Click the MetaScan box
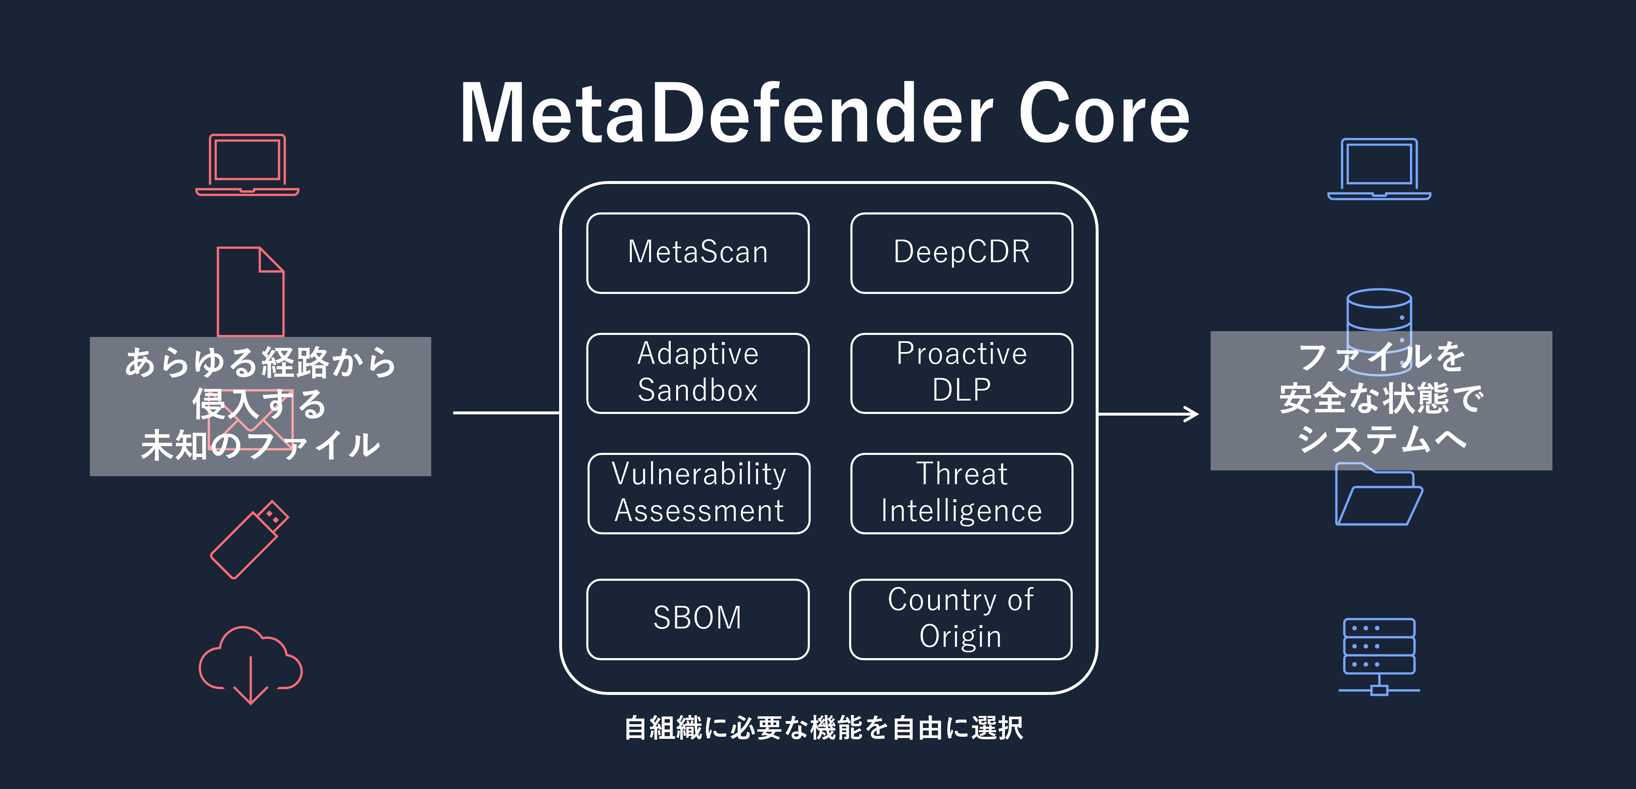697,253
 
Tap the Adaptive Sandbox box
697,373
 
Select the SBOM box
697,619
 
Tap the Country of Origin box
960,619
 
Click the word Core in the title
1103,114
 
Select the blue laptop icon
1379,169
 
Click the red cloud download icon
250,664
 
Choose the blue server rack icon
1379,655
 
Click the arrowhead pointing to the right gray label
1191,414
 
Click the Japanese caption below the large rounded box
823,728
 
